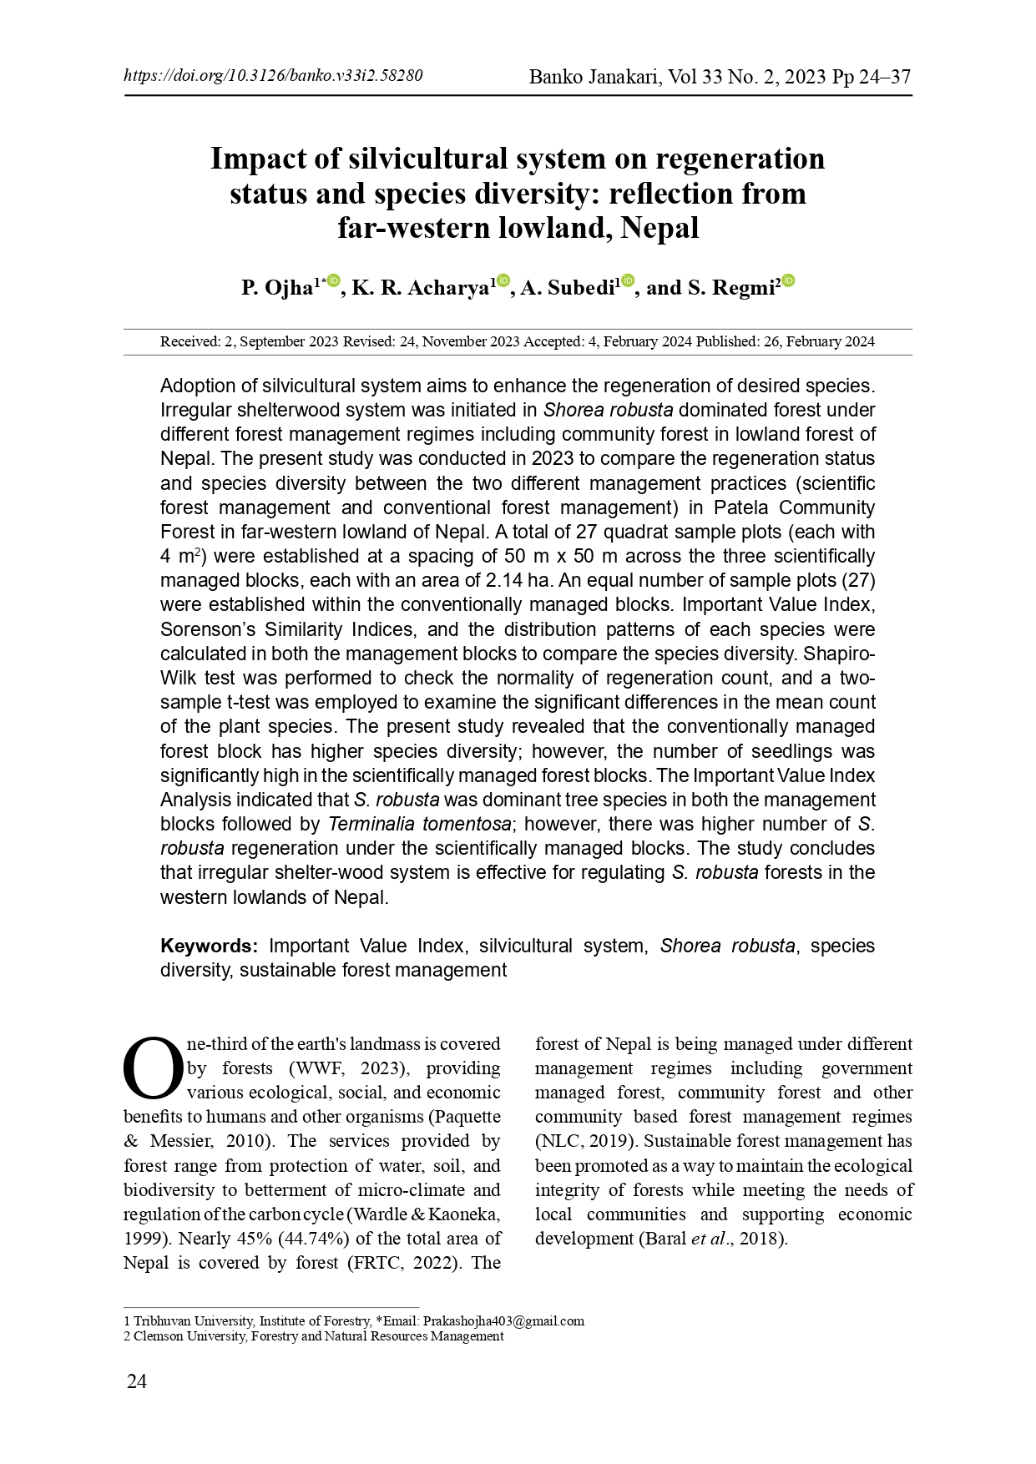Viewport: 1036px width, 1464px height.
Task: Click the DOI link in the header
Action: coord(273,76)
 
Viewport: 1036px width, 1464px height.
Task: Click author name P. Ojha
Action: coord(276,289)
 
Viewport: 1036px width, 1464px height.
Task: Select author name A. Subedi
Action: coord(567,289)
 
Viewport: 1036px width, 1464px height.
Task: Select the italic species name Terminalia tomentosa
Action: coord(420,824)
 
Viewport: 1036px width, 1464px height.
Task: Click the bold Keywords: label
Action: coord(210,946)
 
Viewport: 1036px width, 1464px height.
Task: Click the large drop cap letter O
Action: coord(153,1069)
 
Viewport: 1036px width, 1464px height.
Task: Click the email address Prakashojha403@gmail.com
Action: coord(503,1321)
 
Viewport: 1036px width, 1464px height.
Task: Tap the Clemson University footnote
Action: coord(317,1336)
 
